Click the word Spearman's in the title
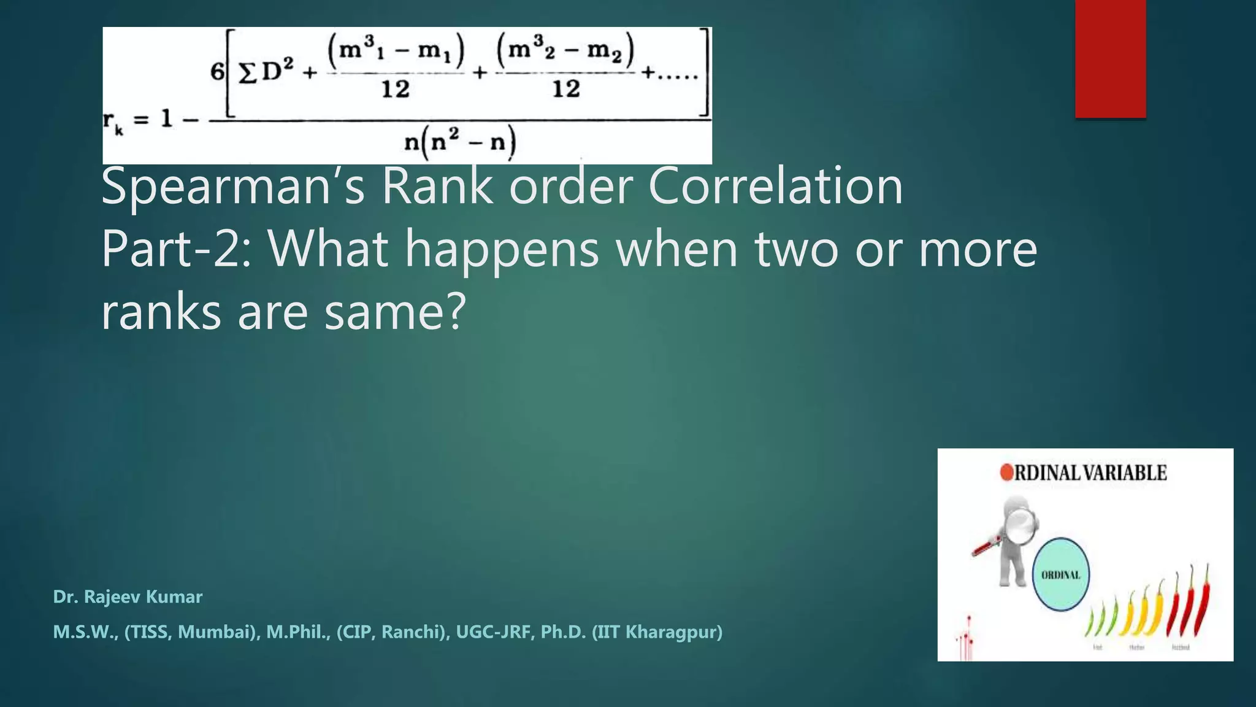pyautogui.click(x=233, y=187)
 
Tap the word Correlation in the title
pyautogui.click(x=775, y=187)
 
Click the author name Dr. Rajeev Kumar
pyautogui.click(x=128, y=597)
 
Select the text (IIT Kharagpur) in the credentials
pyautogui.click(x=657, y=632)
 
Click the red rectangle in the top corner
pyautogui.click(x=1110, y=58)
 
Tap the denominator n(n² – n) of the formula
pyautogui.click(x=460, y=143)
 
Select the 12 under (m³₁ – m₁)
pyautogui.click(x=396, y=90)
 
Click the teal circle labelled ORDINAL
pyautogui.click(x=1061, y=574)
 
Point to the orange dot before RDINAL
pyautogui.click(x=1006, y=473)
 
